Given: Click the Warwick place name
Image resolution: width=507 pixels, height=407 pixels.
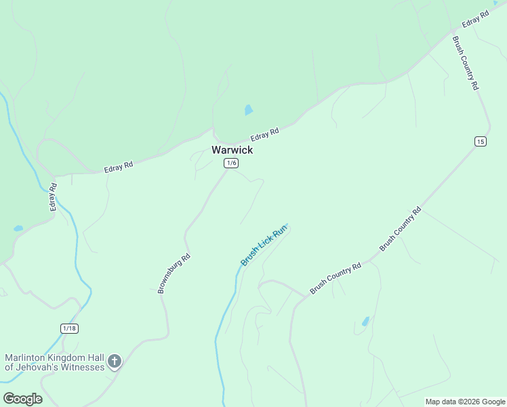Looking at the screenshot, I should (x=232, y=150).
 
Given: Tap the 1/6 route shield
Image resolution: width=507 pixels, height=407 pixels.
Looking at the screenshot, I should (x=231, y=163).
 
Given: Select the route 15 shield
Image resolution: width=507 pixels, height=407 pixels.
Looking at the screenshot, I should (x=481, y=141).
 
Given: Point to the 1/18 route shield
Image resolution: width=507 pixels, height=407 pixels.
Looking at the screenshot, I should (x=69, y=328).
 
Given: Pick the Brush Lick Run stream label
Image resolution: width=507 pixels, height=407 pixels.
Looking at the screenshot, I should (x=264, y=246).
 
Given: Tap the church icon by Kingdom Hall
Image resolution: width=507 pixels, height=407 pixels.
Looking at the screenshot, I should (x=115, y=362).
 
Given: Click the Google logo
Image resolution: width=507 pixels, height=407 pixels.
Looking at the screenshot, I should (x=22, y=399).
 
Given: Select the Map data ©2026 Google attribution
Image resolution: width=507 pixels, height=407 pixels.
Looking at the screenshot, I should (x=466, y=402).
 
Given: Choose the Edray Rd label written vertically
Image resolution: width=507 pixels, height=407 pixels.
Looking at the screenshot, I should (x=54, y=197).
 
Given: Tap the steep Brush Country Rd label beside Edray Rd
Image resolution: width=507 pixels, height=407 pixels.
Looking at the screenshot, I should (x=466, y=62).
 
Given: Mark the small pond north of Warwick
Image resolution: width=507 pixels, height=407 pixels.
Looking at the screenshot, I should (x=249, y=110).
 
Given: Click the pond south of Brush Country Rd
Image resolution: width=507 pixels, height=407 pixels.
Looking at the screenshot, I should (x=366, y=322).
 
